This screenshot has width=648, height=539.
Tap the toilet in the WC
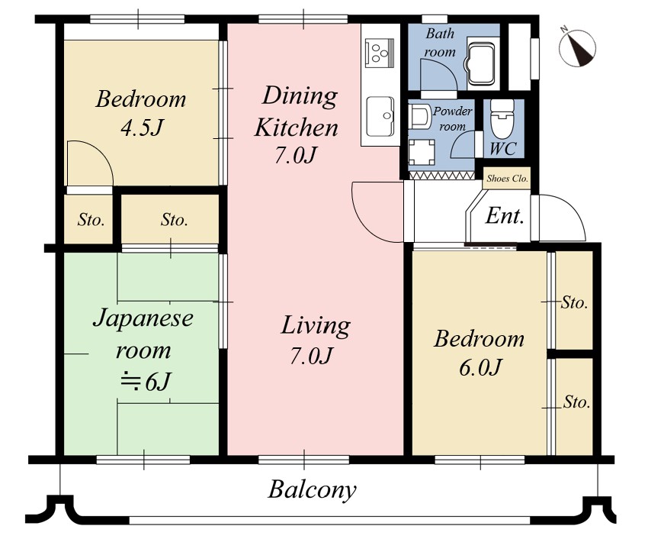pyautogui.click(x=502, y=120)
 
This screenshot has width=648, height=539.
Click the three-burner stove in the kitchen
pyautogui.click(x=380, y=52)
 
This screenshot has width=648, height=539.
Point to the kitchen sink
pyautogui.click(x=380, y=118)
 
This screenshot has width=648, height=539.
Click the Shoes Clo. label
pyautogui.click(x=507, y=179)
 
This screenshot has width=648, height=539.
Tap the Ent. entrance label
pyautogui.click(x=505, y=215)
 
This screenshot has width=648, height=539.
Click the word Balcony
pyautogui.click(x=312, y=490)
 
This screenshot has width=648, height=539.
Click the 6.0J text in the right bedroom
pyautogui.click(x=480, y=367)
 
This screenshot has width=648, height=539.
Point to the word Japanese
pyautogui.click(x=143, y=319)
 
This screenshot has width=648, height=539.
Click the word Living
pyautogui.click(x=316, y=326)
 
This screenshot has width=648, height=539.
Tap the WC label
pyautogui.click(x=503, y=149)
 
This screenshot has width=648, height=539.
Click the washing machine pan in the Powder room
pyautogui.click(x=421, y=152)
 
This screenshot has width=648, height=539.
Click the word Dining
pyautogui.click(x=300, y=96)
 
